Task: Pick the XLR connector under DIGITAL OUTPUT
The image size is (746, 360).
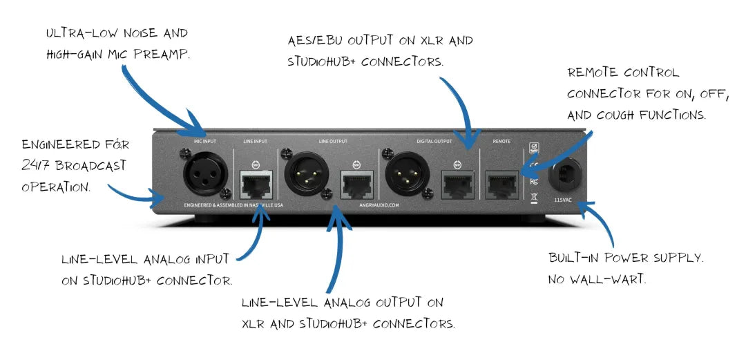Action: (405, 173)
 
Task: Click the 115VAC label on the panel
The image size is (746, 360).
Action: (564, 199)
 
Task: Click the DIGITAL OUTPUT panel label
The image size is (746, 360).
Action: (434, 142)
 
